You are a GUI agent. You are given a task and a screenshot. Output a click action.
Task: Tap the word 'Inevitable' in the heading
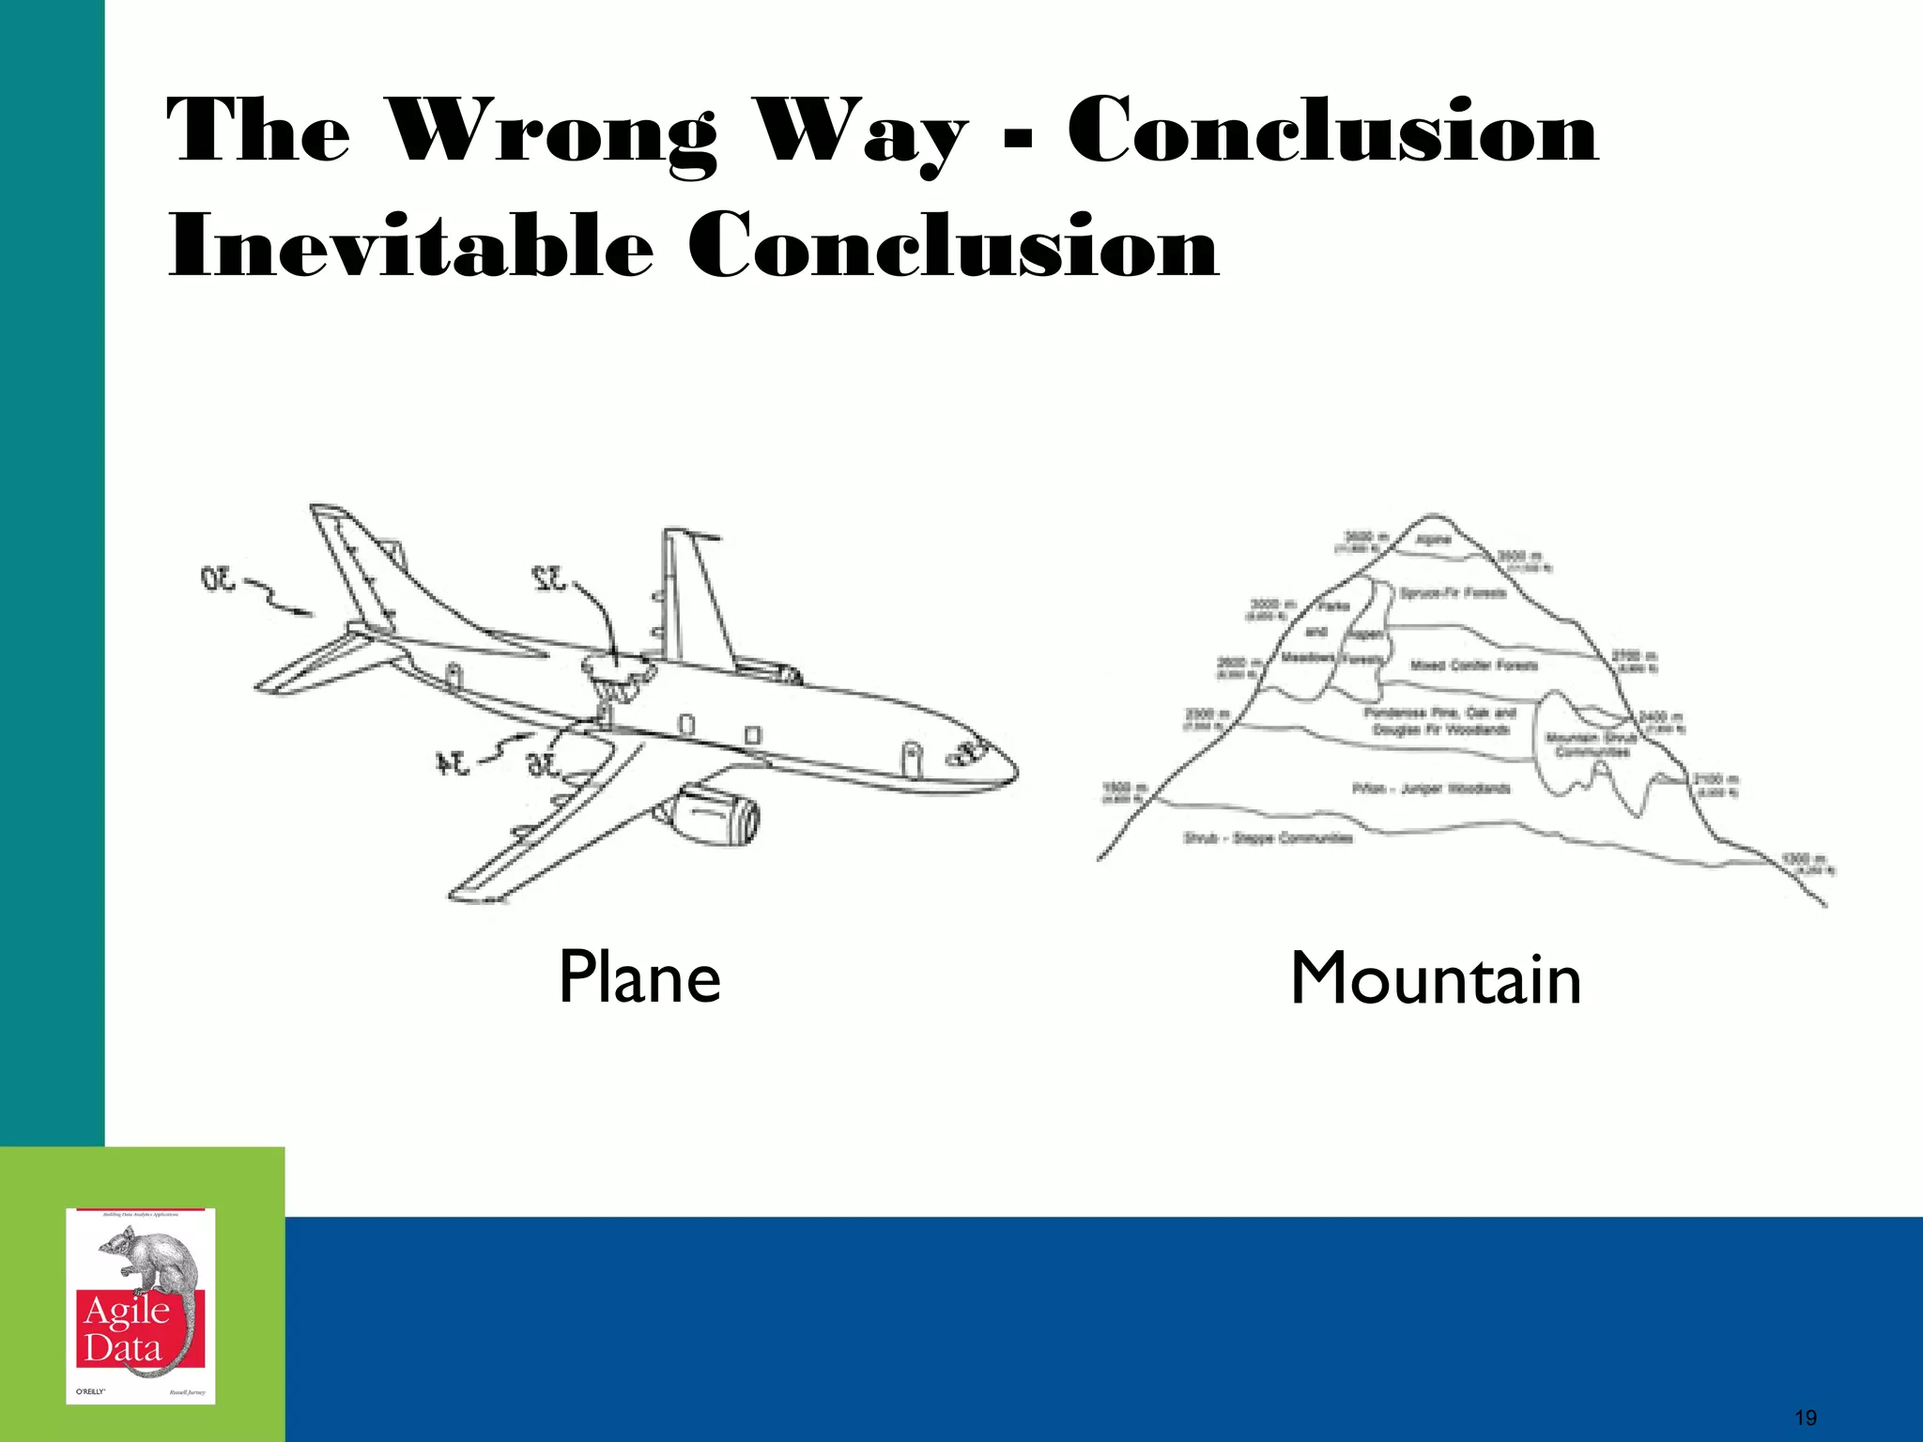click(409, 246)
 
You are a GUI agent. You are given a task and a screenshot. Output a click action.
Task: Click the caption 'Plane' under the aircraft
click(639, 977)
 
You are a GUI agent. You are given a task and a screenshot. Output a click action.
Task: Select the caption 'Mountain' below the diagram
click(1436, 979)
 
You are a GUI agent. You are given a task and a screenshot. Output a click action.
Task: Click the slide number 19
click(1805, 1418)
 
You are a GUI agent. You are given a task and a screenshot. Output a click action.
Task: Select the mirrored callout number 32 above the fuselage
click(549, 578)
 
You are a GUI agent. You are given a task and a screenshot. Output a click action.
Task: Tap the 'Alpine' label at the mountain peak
click(1434, 540)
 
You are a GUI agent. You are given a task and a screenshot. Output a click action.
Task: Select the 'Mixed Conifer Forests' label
click(1474, 666)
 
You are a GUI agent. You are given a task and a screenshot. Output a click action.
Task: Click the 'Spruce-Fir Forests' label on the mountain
click(1453, 593)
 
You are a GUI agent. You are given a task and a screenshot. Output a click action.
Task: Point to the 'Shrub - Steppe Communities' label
click(1268, 837)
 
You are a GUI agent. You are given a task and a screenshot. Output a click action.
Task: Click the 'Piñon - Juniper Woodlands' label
click(1431, 789)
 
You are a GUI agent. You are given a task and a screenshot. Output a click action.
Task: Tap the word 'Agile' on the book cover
click(127, 1311)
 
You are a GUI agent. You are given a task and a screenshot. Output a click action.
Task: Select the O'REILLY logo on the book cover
click(91, 1390)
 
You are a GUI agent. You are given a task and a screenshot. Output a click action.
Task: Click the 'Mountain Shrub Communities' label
click(1591, 744)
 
